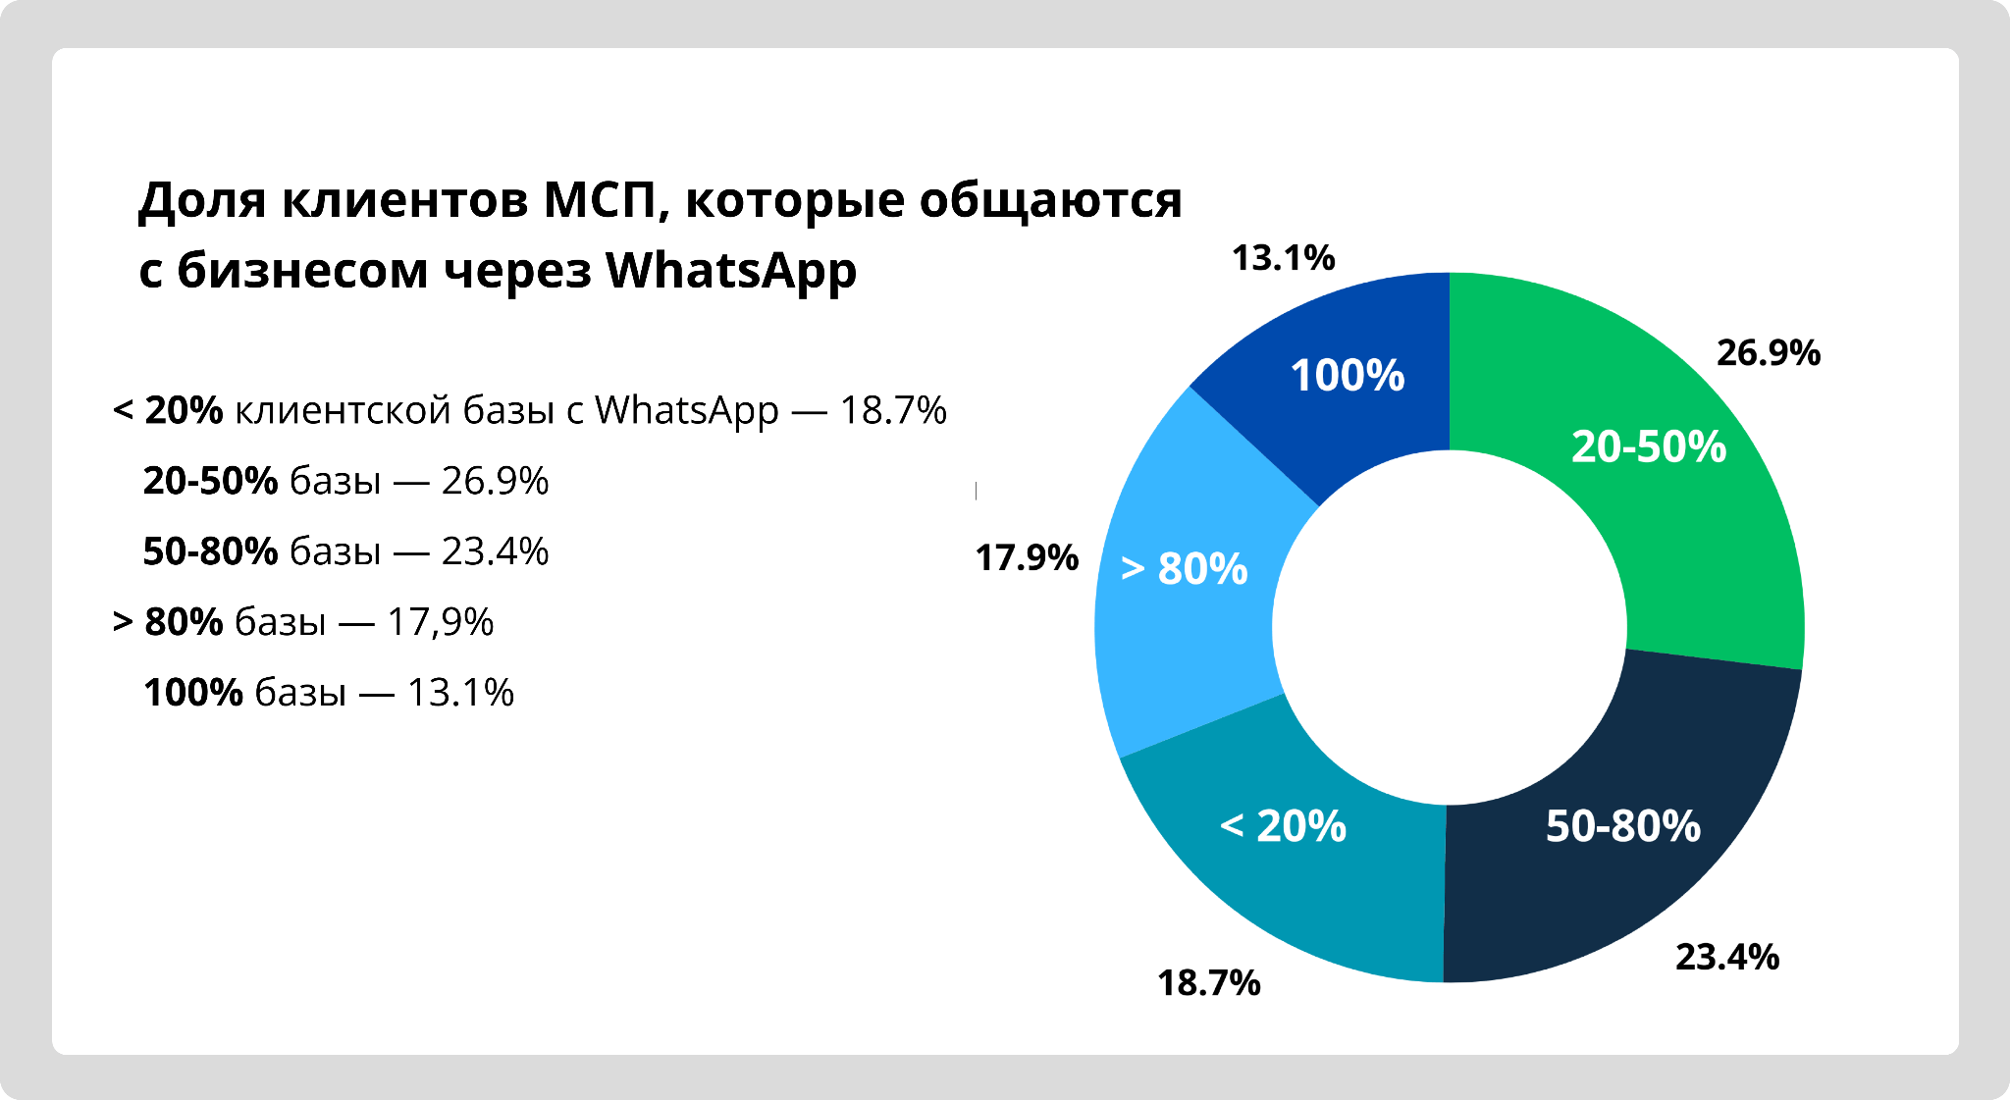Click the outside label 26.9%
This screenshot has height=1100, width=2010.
point(1768,353)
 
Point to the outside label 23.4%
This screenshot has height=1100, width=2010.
point(1726,958)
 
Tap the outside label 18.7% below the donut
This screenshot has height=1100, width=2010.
point(1208,983)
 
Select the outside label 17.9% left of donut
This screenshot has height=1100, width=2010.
point(1027,558)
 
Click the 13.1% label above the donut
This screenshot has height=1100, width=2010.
point(1283,258)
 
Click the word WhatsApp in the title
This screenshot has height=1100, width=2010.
point(730,271)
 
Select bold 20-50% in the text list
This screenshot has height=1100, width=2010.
point(211,481)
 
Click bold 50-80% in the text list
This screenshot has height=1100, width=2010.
point(211,551)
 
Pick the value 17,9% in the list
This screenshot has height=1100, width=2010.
point(440,622)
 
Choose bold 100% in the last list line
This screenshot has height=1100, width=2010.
point(193,693)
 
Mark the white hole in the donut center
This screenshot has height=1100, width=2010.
point(1449,628)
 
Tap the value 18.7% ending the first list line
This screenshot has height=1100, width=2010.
point(893,410)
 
